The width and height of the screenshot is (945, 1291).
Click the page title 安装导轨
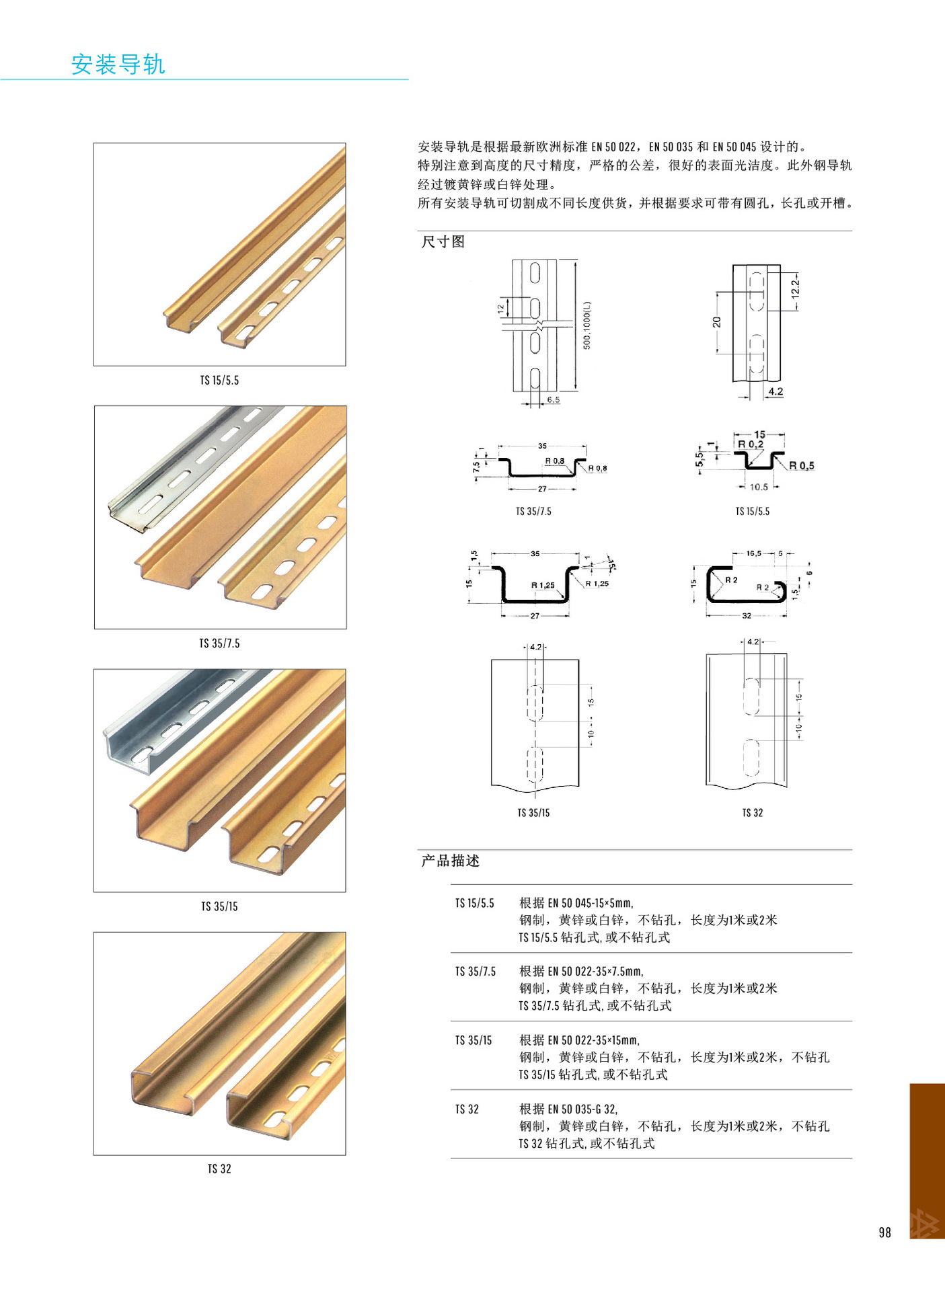coord(118,65)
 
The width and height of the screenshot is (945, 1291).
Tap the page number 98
coord(884,1232)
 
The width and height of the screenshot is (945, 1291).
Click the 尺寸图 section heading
coord(443,242)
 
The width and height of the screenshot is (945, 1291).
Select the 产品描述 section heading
coord(450,861)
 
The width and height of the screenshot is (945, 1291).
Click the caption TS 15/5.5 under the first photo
coord(219,381)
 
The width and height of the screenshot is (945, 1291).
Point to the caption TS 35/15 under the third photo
coord(219,906)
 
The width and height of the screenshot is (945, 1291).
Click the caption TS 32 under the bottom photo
coord(219,1169)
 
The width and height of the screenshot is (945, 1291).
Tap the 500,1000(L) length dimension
coord(587,325)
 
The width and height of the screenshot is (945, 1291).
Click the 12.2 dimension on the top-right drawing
coord(796,288)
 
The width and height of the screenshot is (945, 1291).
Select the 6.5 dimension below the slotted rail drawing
coord(553,400)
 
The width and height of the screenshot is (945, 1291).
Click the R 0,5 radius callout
coord(801,465)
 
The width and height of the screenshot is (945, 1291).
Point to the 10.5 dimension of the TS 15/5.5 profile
coord(759,487)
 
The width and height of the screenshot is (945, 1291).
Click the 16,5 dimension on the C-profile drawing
coord(753,553)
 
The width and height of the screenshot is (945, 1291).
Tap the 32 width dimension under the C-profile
coord(746,615)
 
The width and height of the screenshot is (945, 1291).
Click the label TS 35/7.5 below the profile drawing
coord(533,512)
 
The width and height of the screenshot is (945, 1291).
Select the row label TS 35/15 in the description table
coord(473,1040)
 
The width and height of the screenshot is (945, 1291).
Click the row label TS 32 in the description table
coord(467,1109)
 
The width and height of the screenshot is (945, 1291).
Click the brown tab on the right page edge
coord(927,1157)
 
